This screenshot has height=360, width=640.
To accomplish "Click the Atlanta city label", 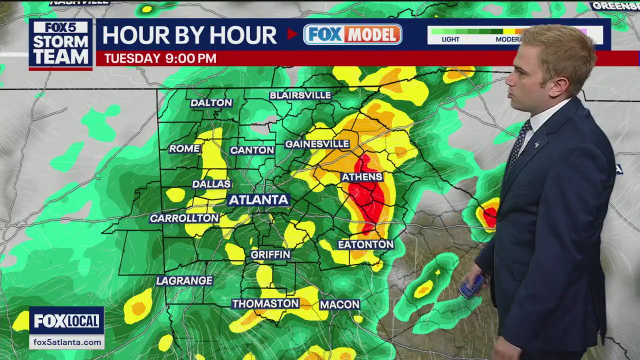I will [x=258, y=200].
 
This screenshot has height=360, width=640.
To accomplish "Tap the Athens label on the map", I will [x=362, y=177].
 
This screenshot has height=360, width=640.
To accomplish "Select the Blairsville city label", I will [x=300, y=95].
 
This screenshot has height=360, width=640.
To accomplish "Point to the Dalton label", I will [x=211, y=103].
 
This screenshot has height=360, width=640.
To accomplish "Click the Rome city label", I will [x=184, y=148].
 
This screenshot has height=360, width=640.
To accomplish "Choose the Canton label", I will [x=252, y=150].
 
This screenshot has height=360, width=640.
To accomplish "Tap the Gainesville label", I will [x=317, y=144].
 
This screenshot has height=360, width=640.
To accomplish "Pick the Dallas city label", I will [x=211, y=184].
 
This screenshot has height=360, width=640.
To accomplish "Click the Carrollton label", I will [x=184, y=218].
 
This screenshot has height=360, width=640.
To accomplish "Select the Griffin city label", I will [x=270, y=254].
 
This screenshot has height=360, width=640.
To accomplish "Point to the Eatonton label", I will [x=366, y=244].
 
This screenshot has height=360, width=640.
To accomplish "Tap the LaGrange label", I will [x=184, y=280].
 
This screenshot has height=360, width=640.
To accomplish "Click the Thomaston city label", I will [x=265, y=303].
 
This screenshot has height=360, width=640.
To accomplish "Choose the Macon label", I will [x=339, y=304].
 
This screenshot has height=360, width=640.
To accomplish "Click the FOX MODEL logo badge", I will [x=352, y=34].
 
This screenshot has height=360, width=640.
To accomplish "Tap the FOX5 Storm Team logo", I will [x=60, y=43].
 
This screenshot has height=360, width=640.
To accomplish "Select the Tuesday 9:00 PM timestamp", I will [x=160, y=58].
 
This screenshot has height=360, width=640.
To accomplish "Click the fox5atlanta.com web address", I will [x=66, y=342].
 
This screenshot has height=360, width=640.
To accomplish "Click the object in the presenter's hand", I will [x=472, y=286].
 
